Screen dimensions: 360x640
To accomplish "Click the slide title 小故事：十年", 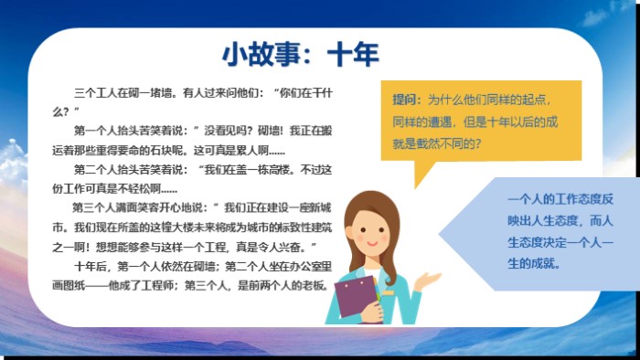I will tap(301, 54).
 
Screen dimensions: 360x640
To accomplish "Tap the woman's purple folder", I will tap(354, 294).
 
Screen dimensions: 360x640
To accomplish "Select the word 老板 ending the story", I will tap(315, 283).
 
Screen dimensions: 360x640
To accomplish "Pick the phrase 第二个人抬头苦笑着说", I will tap(128, 169).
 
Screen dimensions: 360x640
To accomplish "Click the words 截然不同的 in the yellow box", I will tap(449, 143).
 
